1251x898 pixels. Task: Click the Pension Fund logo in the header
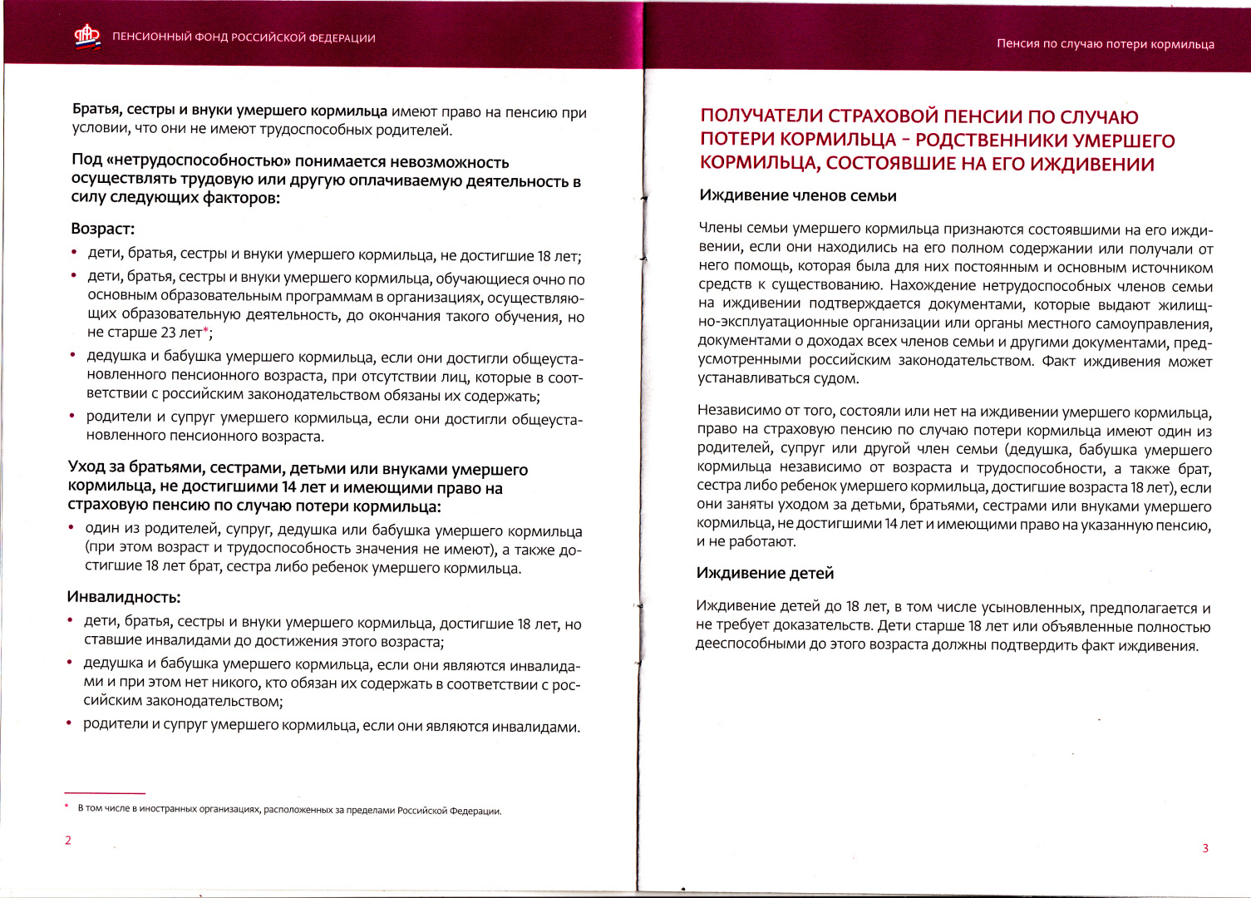(x=87, y=37)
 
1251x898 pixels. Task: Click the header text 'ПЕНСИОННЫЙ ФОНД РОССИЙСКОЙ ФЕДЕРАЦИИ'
(x=244, y=38)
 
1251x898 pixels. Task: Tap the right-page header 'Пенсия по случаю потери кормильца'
(x=1105, y=44)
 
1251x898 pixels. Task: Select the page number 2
(x=68, y=840)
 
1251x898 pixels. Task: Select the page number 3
(x=1205, y=848)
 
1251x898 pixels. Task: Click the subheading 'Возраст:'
(x=103, y=229)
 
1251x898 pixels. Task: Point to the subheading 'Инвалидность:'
(x=123, y=597)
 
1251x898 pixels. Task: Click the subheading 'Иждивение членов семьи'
(x=798, y=196)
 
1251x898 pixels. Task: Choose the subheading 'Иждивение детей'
(x=765, y=573)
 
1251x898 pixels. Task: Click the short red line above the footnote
(x=105, y=793)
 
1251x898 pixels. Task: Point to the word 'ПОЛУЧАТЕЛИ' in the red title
(x=762, y=116)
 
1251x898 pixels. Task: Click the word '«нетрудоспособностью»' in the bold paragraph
(x=198, y=162)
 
